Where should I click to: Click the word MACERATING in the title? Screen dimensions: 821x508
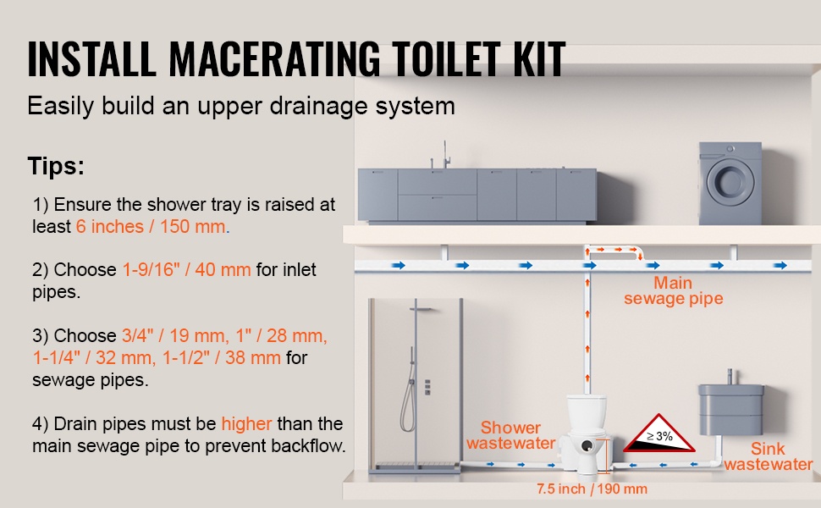(274, 58)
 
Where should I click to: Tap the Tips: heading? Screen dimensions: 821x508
(56, 166)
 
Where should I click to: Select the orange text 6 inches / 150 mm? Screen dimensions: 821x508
(152, 227)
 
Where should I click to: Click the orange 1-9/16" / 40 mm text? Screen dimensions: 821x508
(186, 270)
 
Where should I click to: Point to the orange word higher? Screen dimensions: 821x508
(246, 423)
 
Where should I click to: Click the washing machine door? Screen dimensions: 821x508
(726, 180)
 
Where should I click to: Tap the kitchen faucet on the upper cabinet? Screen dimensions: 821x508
(445, 154)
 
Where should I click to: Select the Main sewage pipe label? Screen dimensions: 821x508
(674, 290)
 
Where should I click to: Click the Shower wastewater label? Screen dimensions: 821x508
(511, 435)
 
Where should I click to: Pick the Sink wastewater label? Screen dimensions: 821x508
(769, 456)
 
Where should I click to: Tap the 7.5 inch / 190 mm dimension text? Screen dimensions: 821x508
(592, 489)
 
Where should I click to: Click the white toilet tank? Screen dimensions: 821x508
(587, 413)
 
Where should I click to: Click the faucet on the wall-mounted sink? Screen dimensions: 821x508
(730, 377)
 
